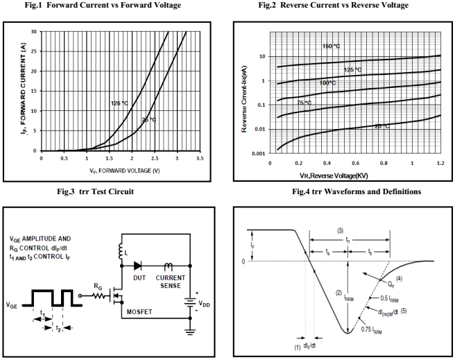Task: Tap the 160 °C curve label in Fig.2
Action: (x=331, y=46)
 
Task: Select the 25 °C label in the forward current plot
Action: (x=148, y=119)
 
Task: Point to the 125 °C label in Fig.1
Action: (x=119, y=103)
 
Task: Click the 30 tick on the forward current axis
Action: (x=34, y=32)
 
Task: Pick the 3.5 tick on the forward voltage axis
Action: (x=200, y=159)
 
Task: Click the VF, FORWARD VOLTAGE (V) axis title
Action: (x=124, y=170)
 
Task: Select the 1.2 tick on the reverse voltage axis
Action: (x=440, y=164)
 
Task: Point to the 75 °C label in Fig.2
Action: (x=304, y=103)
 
